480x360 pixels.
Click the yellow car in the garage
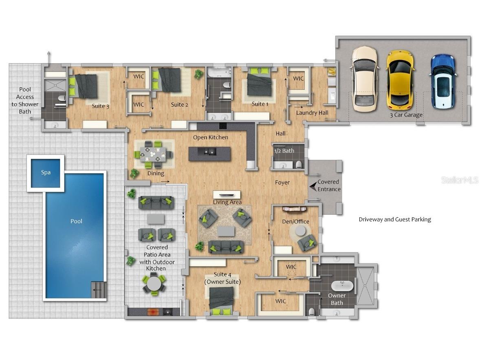click(x=401, y=80)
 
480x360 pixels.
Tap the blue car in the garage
click(x=443, y=82)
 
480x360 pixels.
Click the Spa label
click(x=46, y=172)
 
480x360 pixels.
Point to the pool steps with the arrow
click(x=99, y=289)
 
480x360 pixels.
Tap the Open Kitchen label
click(x=211, y=137)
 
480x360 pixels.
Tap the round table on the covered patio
click(x=154, y=284)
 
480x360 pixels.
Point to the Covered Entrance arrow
click(x=313, y=186)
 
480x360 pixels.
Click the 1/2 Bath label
click(x=284, y=151)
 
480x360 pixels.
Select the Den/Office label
click(x=295, y=221)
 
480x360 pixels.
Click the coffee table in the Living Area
click(x=226, y=231)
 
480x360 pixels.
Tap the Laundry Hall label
click(x=312, y=113)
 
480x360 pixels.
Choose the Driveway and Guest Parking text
click(x=395, y=219)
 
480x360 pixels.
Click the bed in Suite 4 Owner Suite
click(x=221, y=301)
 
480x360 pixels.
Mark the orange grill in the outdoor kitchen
click(x=153, y=312)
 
